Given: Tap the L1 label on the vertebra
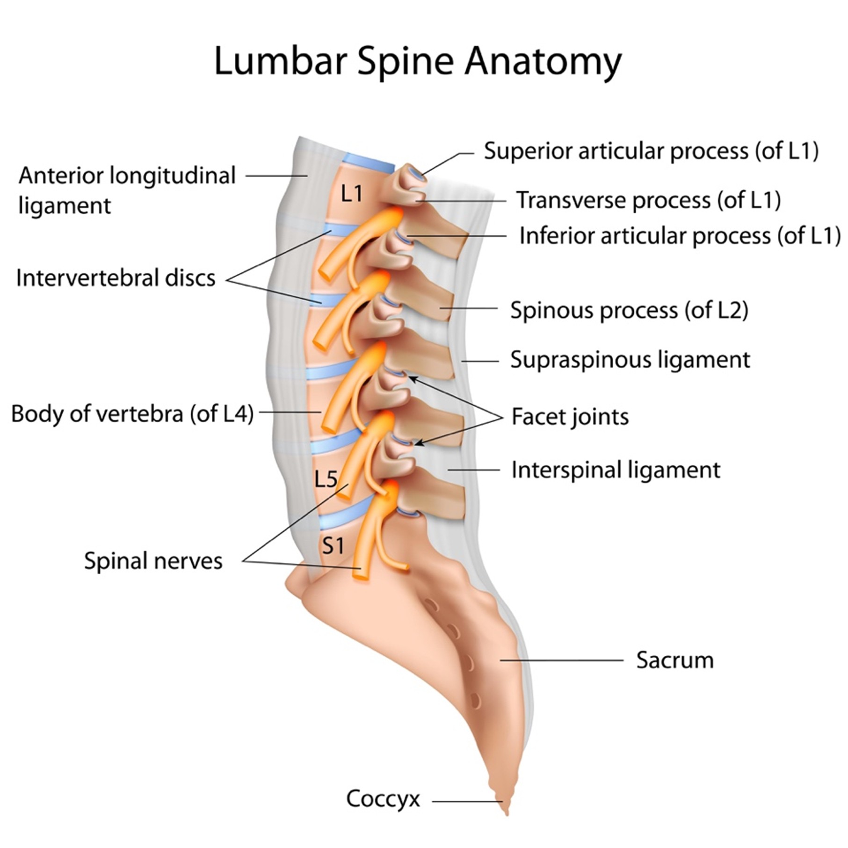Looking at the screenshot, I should pyautogui.click(x=351, y=193).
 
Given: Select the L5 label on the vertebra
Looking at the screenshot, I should pyautogui.click(x=326, y=478).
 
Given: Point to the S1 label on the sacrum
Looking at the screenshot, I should pyautogui.click(x=333, y=545).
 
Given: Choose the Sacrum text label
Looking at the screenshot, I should pyautogui.click(x=674, y=660).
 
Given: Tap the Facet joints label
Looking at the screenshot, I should pyautogui.click(x=570, y=416).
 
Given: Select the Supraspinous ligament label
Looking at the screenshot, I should pyautogui.click(x=630, y=360).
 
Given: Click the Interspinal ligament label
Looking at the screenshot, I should pyautogui.click(x=616, y=470).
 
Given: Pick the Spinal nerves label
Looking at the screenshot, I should pyautogui.click(x=153, y=560).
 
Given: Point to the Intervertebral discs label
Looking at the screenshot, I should pyautogui.click(x=116, y=278).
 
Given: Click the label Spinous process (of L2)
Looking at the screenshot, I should pyautogui.click(x=629, y=310).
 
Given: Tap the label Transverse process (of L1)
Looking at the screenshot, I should pyautogui.click(x=648, y=200).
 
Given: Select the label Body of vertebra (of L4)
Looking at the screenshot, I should pyautogui.click(x=132, y=413).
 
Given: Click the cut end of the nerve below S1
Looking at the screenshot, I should pyautogui.click(x=360, y=574).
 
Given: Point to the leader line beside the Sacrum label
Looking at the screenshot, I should pyautogui.click(x=561, y=660).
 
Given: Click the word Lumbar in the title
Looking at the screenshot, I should pyautogui.click(x=281, y=62).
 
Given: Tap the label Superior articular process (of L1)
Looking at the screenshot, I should pyautogui.click(x=651, y=151).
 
